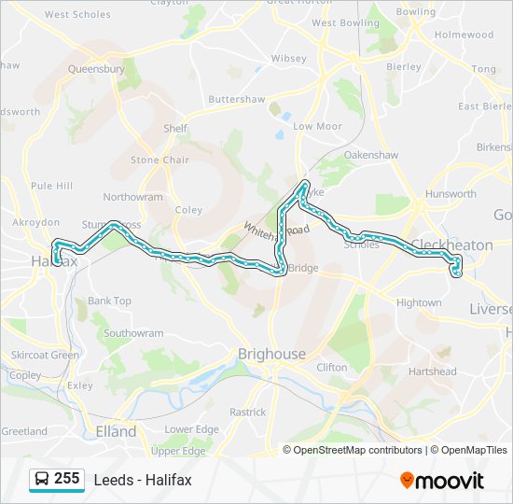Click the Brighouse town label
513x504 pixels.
tap(271, 355)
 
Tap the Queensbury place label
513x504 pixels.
tap(95, 68)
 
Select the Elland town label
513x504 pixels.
tap(116, 431)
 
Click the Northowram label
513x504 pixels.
tap(132, 197)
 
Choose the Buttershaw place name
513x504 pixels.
tap(237, 99)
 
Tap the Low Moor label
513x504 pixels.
tap(317, 126)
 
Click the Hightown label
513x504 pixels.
tap(419, 303)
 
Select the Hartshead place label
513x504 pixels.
tap(432, 371)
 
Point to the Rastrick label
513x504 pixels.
tap(247, 412)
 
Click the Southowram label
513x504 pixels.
tap(133, 333)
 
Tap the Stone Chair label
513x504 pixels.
tap(159, 160)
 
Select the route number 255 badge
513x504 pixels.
tap(66, 479)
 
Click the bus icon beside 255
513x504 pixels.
tap(42, 480)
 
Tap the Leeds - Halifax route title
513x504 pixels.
tap(143, 480)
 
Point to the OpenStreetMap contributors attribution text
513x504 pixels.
tap(353, 450)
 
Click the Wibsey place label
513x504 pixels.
tap(288, 58)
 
